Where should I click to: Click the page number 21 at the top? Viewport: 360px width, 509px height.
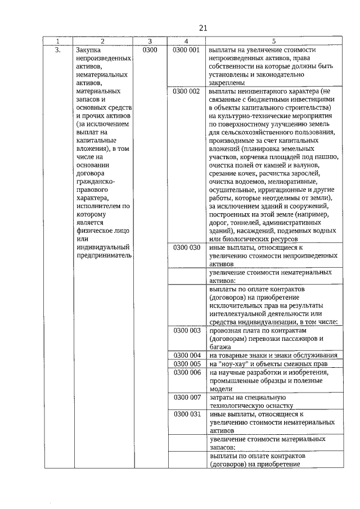click(203, 28)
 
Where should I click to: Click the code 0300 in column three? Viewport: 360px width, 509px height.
click(150, 50)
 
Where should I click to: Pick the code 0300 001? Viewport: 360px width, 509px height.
click(186, 50)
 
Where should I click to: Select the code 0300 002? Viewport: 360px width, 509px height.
click(186, 91)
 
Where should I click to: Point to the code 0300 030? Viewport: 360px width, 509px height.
click(186, 247)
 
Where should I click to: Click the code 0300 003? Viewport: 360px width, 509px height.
click(186, 330)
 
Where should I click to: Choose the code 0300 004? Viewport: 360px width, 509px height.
click(186, 355)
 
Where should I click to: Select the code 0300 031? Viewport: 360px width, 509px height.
click(186, 413)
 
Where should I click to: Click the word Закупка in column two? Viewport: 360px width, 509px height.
click(89, 50)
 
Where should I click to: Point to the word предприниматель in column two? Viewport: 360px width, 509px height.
click(105, 255)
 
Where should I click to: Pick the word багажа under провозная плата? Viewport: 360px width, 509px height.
click(220, 347)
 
